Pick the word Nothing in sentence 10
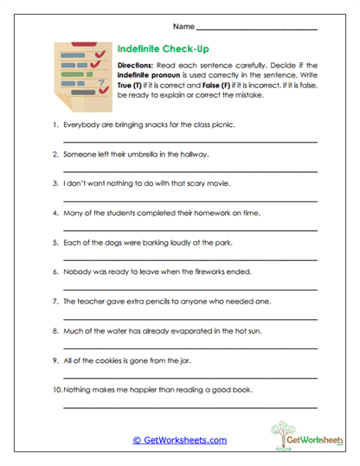tap(76, 390)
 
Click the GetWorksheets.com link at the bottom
tap(179, 440)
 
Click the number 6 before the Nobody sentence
tap(55, 271)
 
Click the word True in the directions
tap(127, 86)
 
